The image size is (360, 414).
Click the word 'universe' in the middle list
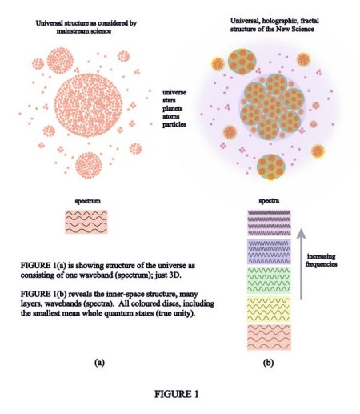[x=174, y=93]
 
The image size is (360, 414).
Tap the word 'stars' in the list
[x=169, y=101]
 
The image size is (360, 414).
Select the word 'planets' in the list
[x=173, y=109]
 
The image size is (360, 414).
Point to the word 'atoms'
[x=171, y=116]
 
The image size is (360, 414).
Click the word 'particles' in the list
[x=174, y=124]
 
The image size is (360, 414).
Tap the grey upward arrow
[x=301, y=264]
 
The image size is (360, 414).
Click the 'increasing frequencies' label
[x=322, y=260]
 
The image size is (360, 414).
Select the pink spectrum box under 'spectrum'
[x=86, y=222]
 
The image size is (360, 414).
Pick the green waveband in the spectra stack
[x=269, y=280]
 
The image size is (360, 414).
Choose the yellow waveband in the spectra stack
[x=269, y=309]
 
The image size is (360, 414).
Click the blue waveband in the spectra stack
[x=269, y=251]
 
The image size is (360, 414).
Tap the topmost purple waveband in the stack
[x=269, y=223]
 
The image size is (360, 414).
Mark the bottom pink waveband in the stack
[x=269, y=337]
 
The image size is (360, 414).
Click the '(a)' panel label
[x=99, y=363]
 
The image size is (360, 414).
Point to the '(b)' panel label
[x=268, y=363]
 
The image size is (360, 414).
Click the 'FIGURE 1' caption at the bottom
[x=177, y=394]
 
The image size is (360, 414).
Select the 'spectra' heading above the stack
[x=269, y=201]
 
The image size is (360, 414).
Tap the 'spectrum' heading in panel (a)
[x=88, y=201]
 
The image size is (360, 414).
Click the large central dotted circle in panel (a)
[x=88, y=105]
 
